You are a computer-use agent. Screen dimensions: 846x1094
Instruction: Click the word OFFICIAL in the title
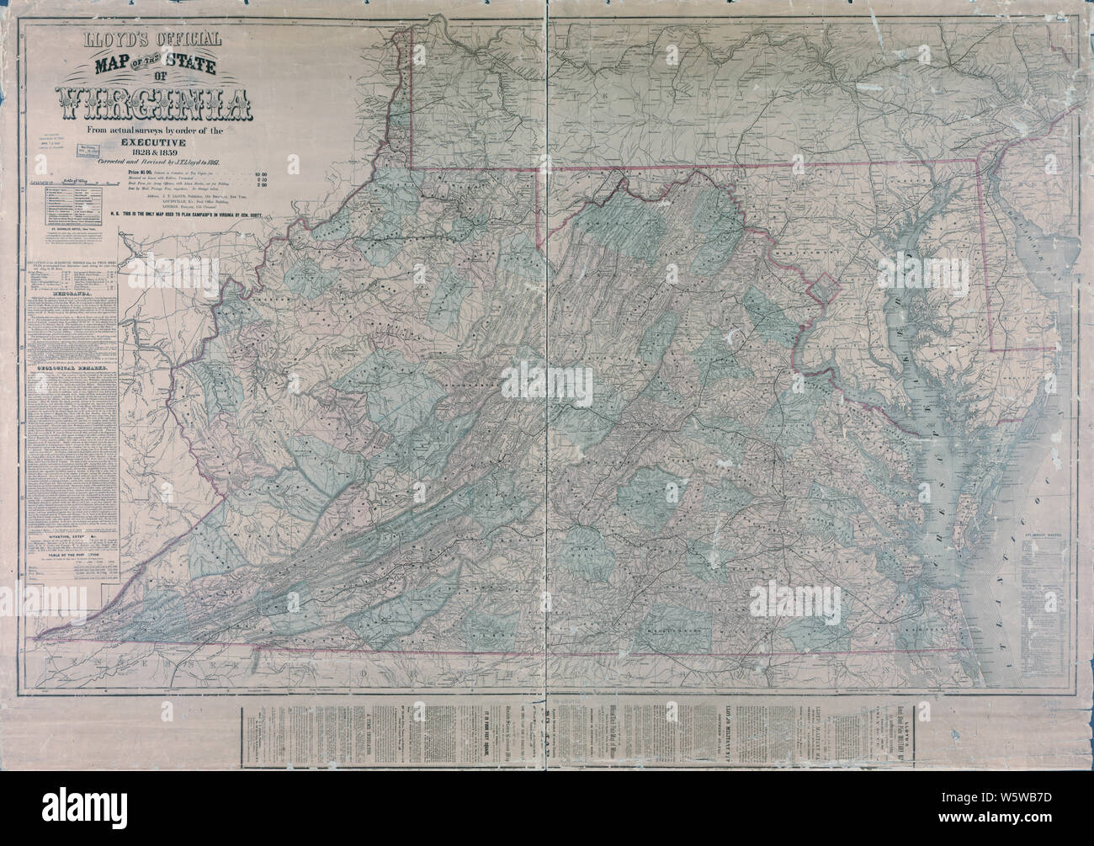click(188, 39)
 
